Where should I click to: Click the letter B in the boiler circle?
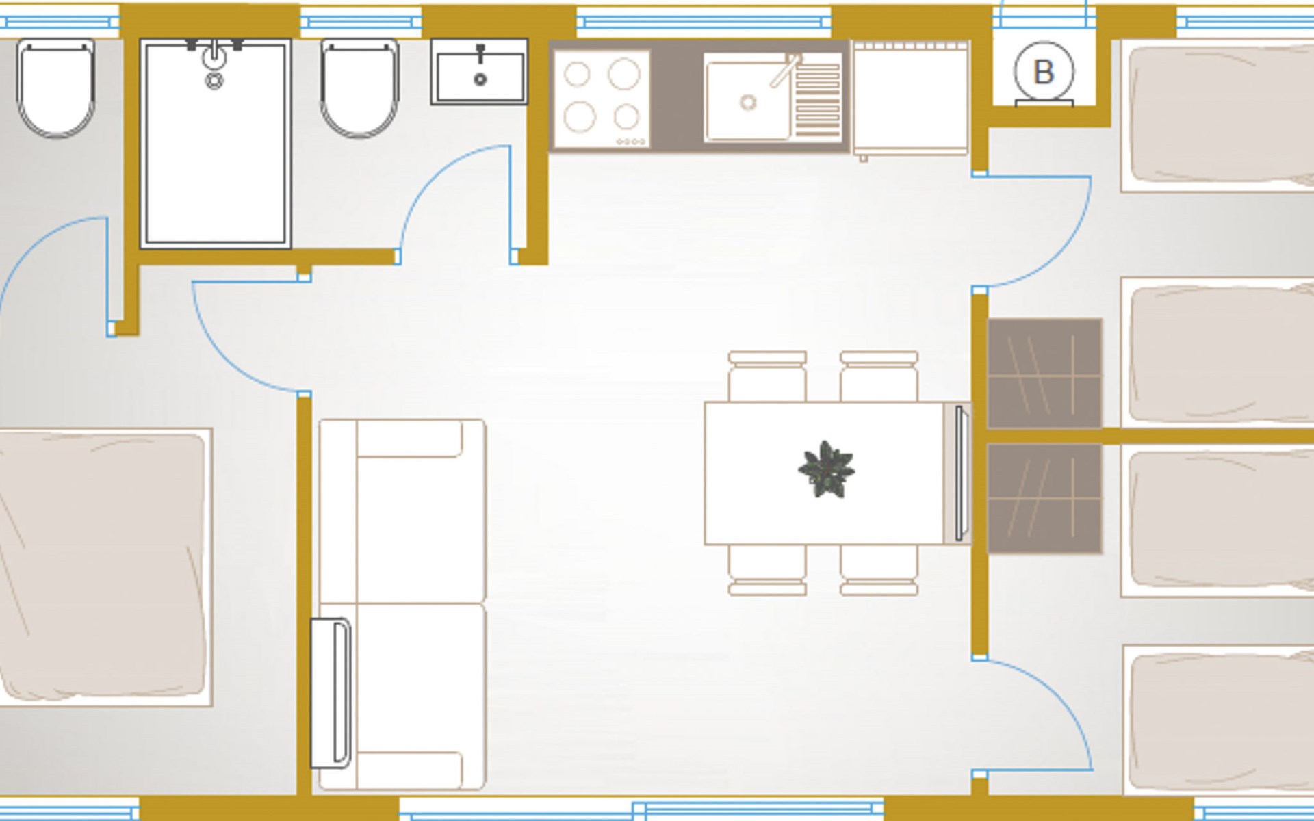pos(1043,72)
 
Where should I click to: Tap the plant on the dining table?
pos(826,469)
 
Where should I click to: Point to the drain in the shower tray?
pos(214,81)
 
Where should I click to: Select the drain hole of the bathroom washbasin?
pos(480,79)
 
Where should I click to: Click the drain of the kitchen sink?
pos(748,103)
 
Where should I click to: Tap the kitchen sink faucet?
pos(786,70)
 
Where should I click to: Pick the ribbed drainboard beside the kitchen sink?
pos(817,100)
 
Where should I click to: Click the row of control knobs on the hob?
pos(631,142)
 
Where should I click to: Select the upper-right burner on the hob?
pos(623,73)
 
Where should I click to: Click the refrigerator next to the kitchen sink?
pos(911,99)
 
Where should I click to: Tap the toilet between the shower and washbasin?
pos(360,88)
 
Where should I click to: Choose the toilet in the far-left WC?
pos(55,88)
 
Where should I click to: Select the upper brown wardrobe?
pos(1044,374)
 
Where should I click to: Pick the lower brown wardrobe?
pos(1044,498)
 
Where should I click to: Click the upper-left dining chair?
pos(767,376)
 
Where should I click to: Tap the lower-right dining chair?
pos(879,570)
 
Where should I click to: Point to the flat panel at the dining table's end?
pos(959,473)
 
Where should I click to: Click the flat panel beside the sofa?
pos(331,692)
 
